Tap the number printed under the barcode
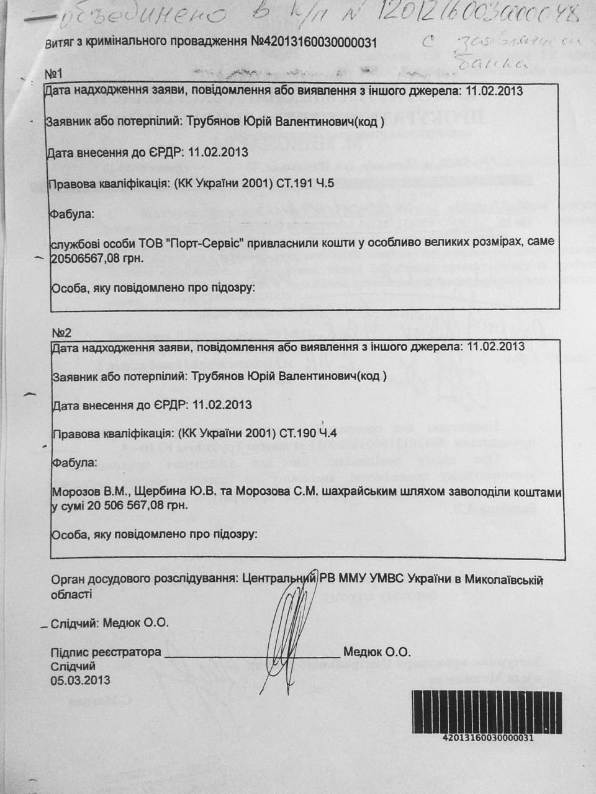[x=487, y=738]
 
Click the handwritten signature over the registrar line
[x=289, y=627]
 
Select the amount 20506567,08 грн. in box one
[x=97, y=258]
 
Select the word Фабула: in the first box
[x=72, y=214]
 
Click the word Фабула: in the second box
[x=74, y=463]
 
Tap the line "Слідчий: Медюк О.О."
[x=109, y=623]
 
